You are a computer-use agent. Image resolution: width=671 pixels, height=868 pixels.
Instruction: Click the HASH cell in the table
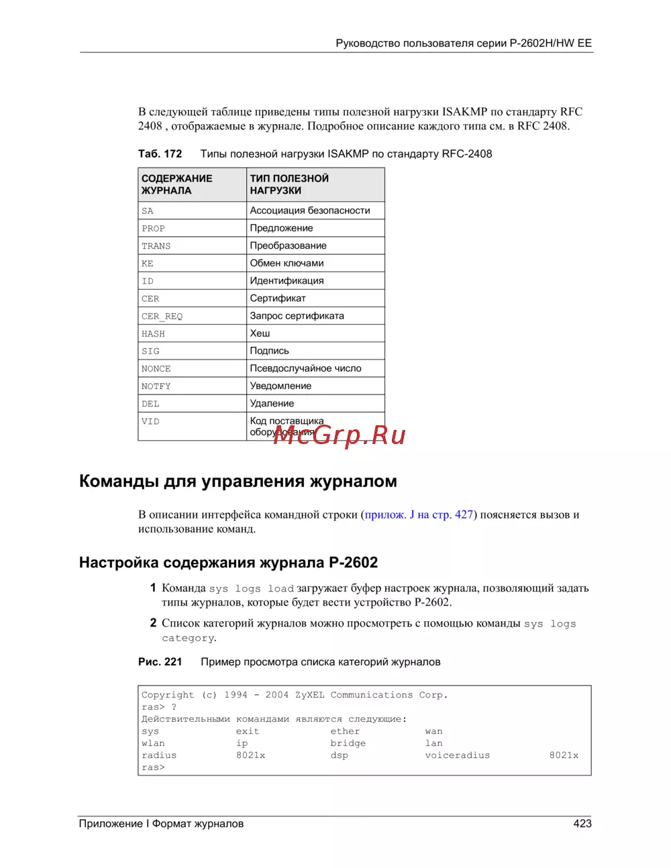pos(154,334)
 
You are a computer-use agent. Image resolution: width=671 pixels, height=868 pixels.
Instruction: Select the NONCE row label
pos(156,369)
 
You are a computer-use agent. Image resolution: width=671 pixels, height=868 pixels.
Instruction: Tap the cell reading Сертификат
pos(278,299)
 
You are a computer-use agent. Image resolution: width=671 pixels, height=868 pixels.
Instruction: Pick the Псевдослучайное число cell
pos(305,368)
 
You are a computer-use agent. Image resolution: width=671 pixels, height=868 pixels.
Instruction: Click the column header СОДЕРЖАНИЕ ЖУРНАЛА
pos(176,184)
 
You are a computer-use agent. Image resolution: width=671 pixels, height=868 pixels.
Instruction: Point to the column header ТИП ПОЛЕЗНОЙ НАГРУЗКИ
pos(289,184)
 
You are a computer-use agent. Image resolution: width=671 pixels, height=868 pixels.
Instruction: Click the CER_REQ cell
pos(162,317)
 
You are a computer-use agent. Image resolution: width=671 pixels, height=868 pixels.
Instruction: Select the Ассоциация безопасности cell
pos(310,211)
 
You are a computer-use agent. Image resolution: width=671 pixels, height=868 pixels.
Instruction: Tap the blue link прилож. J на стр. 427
pos(419,515)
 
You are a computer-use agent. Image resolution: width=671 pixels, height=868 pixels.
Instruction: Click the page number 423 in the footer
pos(582,824)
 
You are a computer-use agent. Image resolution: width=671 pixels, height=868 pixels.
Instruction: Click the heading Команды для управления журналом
pos(238,482)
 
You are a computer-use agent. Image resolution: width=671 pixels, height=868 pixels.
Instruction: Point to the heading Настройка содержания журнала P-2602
pos(228,563)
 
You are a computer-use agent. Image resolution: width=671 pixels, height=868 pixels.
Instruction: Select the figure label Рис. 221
pos(160,662)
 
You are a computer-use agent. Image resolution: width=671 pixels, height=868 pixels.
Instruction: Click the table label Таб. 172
pos(160,154)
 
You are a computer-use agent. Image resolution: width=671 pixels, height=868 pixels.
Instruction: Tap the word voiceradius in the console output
pos(457,756)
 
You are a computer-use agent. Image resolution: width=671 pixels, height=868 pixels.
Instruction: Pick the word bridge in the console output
pos(348,744)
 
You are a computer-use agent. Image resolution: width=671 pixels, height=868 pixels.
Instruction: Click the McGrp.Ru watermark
pos(340,435)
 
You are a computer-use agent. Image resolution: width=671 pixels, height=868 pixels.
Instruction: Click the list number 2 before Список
pos(153,623)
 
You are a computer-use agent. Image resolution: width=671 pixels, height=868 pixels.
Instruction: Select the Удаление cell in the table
pos(272,404)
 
